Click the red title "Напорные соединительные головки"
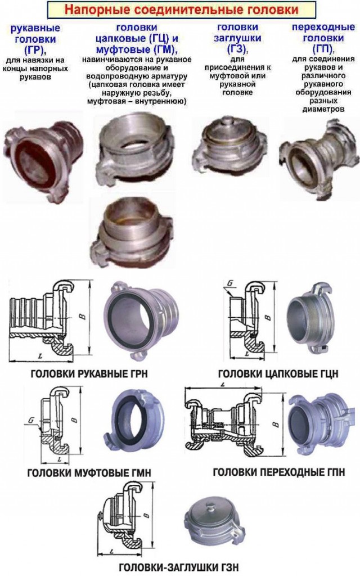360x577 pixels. (182, 10)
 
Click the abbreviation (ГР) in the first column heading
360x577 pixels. (35, 49)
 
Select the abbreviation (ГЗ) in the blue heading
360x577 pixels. (238, 48)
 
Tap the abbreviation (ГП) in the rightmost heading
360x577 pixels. (323, 48)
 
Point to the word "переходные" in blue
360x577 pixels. (323, 27)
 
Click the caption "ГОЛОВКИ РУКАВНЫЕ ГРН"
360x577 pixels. (89, 373)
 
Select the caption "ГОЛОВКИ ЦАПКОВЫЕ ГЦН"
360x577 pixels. (278, 374)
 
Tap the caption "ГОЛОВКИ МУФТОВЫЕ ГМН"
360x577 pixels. (89, 472)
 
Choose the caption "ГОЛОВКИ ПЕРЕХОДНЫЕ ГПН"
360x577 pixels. (278, 472)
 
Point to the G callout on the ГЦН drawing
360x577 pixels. (231, 283)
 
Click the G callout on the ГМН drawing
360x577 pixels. (31, 420)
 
